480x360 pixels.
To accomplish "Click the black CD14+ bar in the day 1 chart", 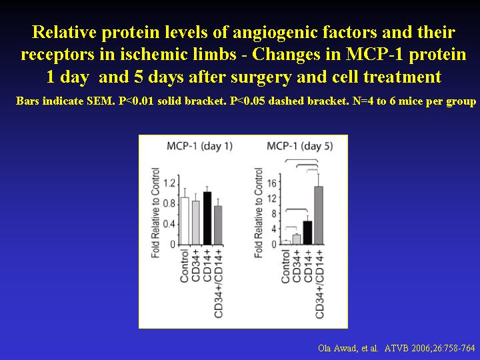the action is [x=207, y=218].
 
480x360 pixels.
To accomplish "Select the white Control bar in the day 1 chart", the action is [x=185, y=221].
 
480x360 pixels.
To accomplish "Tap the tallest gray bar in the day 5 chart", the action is [x=319, y=215].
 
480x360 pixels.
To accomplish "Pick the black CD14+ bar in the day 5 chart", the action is [x=307, y=233].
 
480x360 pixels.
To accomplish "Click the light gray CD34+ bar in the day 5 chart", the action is [x=296, y=239].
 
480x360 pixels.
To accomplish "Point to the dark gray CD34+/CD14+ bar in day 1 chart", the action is [x=218, y=225].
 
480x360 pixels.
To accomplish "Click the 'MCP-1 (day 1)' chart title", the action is [x=199, y=146].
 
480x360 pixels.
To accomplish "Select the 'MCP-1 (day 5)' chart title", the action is [x=300, y=146].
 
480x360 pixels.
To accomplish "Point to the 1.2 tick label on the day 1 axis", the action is [x=169, y=183].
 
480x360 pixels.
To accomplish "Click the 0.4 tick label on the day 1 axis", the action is [x=169, y=224].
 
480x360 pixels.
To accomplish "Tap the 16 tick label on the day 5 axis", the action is [x=272, y=183].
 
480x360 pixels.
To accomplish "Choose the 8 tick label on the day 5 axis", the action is [x=274, y=213].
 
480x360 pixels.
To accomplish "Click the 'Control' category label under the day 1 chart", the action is [x=184, y=266].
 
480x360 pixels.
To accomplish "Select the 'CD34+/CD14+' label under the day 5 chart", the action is [x=319, y=284].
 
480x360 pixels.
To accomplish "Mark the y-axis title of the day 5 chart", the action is [x=259, y=213].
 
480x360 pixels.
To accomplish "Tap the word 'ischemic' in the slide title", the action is [x=169, y=54].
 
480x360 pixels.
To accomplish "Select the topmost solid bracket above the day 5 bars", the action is [x=301, y=159].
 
